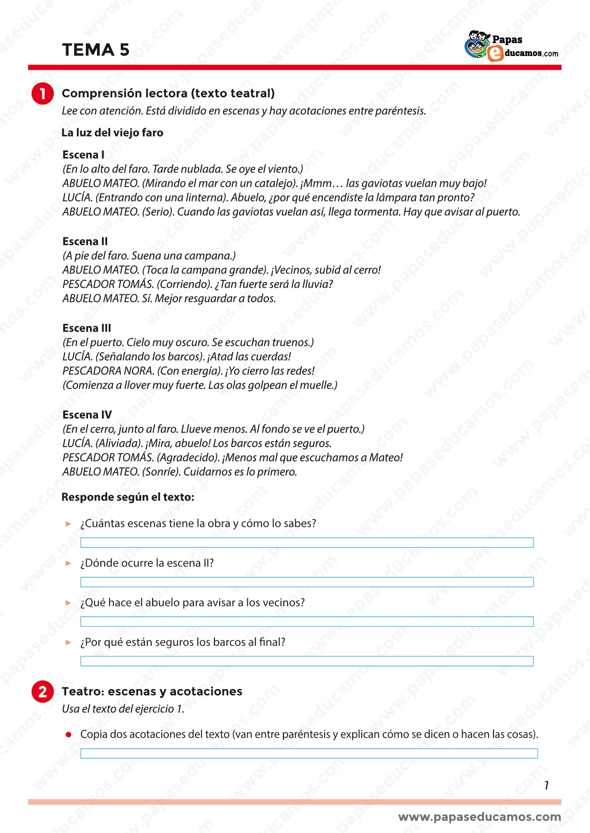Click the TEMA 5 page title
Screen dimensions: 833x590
pos(96,50)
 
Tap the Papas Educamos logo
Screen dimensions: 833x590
pos(511,47)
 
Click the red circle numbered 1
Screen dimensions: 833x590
pos(43,94)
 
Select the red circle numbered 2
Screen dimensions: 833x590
pos(43,691)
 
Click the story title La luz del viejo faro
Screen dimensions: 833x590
pos(112,133)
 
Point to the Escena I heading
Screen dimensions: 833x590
pos(83,155)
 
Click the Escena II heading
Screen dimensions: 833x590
pos(85,241)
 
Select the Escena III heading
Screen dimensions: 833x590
pos(87,328)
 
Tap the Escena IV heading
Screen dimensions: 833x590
pos(87,415)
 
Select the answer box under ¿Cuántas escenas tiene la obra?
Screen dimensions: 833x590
pos(307,542)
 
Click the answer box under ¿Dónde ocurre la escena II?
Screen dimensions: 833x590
pos(307,582)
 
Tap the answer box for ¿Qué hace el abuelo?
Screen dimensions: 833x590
pos(307,621)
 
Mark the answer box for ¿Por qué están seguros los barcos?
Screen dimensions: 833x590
pos(307,661)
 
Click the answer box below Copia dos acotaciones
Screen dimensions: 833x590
pos(309,753)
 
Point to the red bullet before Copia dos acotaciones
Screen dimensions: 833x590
pos(69,735)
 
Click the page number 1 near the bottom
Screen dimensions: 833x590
pos(547,786)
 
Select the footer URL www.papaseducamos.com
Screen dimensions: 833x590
pos(479,817)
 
